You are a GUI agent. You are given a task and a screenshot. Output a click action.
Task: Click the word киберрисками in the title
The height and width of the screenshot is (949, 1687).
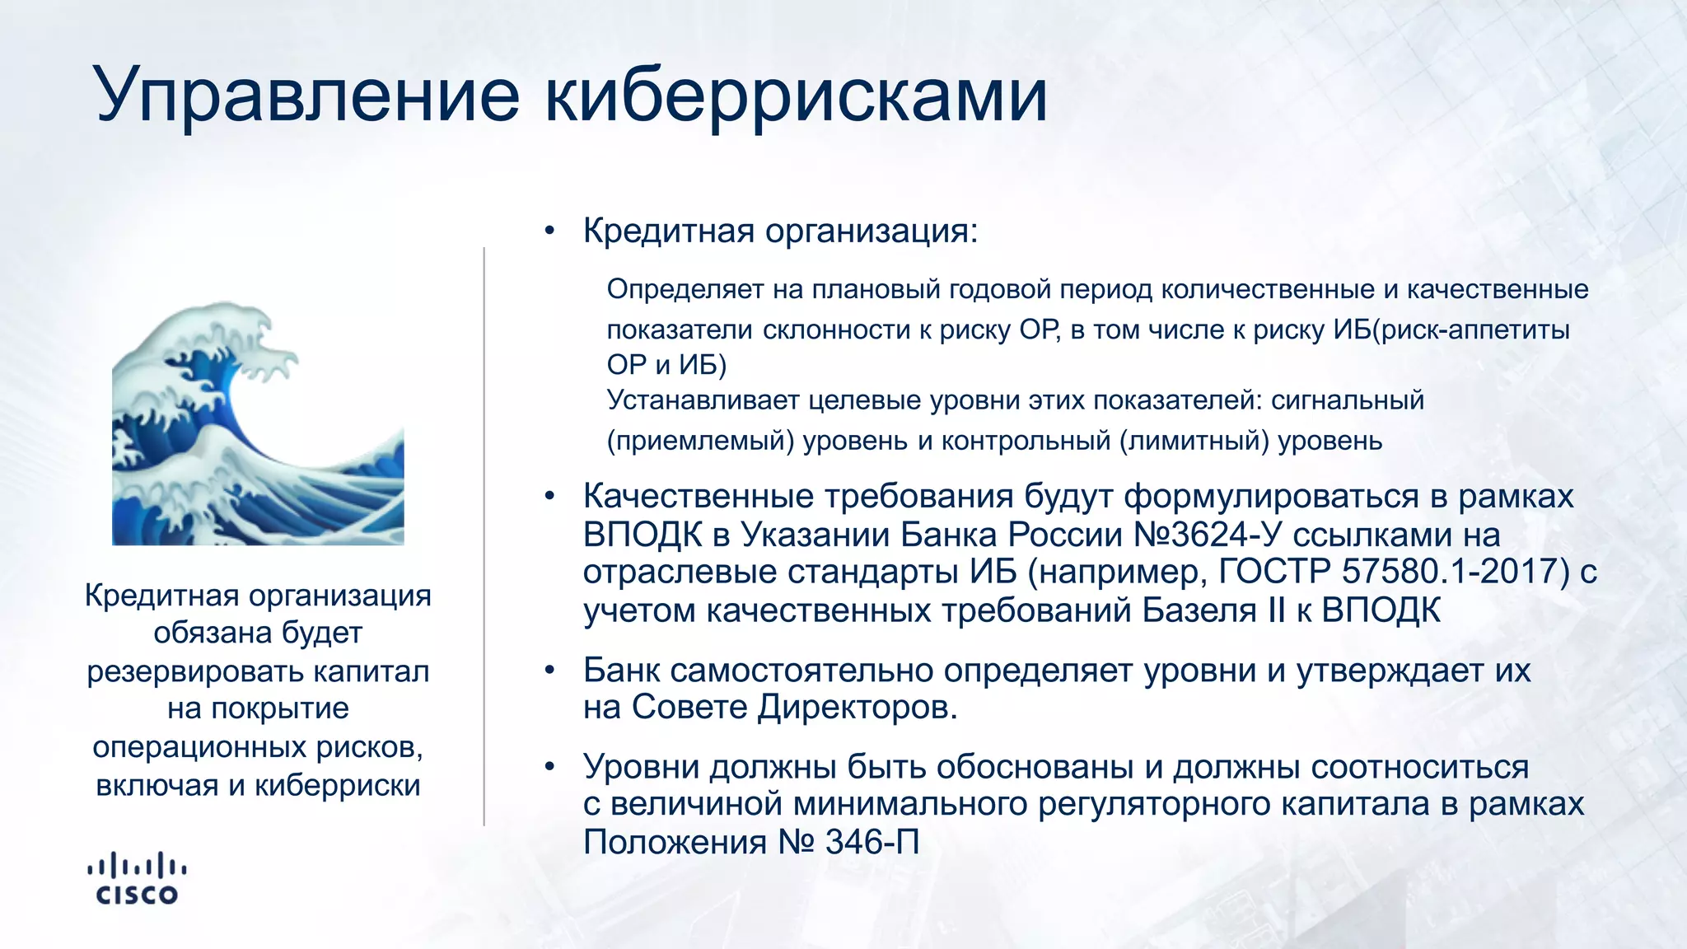click(x=796, y=95)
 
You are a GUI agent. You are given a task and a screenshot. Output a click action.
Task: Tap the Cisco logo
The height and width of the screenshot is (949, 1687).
click(x=137, y=878)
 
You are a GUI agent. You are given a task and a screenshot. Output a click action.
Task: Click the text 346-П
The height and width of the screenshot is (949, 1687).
click(x=872, y=842)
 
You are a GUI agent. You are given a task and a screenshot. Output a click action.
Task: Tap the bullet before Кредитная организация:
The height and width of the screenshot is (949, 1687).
click(x=549, y=231)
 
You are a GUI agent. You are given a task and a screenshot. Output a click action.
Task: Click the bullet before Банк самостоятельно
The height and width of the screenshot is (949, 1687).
click(x=549, y=671)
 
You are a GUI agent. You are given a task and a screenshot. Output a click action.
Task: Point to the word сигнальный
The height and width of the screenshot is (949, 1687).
click(x=1348, y=400)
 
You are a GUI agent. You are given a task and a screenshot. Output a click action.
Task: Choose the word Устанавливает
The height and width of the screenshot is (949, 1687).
click(x=703, y=400)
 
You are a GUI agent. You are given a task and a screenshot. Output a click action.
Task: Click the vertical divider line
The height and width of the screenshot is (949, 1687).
click(x=484, y=535)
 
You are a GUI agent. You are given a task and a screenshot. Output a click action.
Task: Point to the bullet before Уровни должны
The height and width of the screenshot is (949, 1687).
click(x=549, y=768)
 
